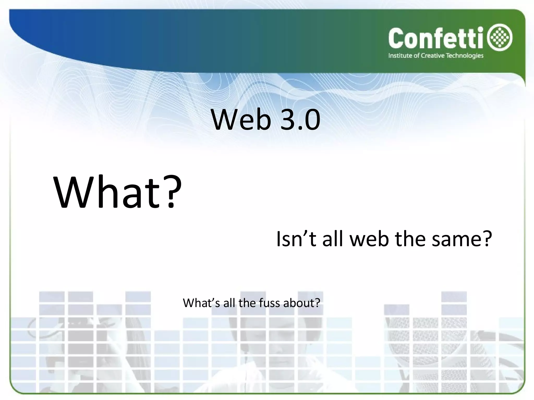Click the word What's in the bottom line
click(x=201, y=303)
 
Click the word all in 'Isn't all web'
click(x=333, y=239)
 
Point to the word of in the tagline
click(x=417, y=56)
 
